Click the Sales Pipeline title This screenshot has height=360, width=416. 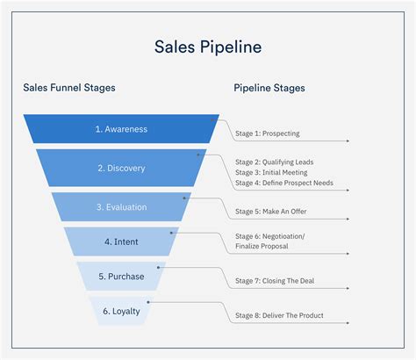pyautogui.click(x=208, y=46)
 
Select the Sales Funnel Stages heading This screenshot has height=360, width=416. pyautogui.click(x=69, y=88)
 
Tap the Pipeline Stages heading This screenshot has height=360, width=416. pyautogui.click(x=269, y=88)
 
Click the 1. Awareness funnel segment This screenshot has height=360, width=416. pyautogui.click(x=121, y=129)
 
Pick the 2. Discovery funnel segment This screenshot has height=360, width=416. pyautogui.click(x=121, y=168)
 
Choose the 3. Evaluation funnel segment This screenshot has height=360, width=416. pyautogui.click(x=121, y=207)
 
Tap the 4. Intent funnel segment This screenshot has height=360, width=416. pyautogui.click(x=121, y=241)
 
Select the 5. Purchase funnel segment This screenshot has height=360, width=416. pyautogui.click(x=121, y=276)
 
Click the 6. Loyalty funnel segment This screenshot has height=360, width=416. pyautogui.click(x=121, y=311)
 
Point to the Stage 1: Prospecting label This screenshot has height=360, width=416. pyautogui.click(x=267, y=134)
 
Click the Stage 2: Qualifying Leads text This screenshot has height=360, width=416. pyautogui.click(x=274, y=162)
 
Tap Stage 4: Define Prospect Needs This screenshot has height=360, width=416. pyautogui.click(x=283, y=184)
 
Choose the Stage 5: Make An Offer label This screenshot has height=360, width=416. pyautogui.click(x=271, y=212)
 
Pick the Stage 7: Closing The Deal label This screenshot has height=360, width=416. pyautogui.click(x=274, y=281)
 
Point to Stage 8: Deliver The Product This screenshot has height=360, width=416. pyautogui.click(x=279, y=314)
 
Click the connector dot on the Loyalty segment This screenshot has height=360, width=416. pyautogui.click(x=148, y=302)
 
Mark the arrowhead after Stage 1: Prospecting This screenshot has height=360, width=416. pyautogui.click(x=348, y=140)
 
